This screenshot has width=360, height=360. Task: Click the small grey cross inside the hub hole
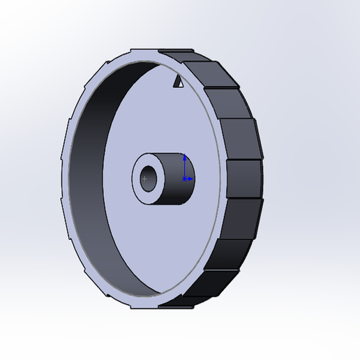[x=145, y=179]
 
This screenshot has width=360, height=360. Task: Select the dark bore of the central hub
[x=149, y=174]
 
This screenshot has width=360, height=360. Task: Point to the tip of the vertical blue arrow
[x=183, y=156]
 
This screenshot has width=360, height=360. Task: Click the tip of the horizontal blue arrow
[x=193, y=179]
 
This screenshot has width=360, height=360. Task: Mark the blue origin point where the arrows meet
[x=183, y=179]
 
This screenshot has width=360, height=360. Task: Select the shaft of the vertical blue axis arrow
[x=183, y=167]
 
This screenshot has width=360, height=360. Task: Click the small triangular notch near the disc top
[x=179, y=82]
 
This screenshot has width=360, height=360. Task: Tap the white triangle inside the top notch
[x=178, y=84]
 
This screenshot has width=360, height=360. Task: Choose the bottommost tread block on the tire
[x=174, y=301]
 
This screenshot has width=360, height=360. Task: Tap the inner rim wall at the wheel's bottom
[x=150, y=290]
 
